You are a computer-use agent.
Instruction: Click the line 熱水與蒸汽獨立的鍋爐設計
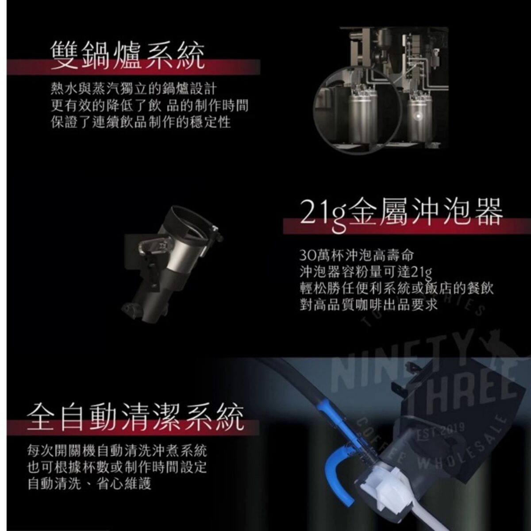134,89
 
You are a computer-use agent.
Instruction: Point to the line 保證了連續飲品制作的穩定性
141,122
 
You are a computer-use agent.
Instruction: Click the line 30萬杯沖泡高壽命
357,256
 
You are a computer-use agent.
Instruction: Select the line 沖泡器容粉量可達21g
366,272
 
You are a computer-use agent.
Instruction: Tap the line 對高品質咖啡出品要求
369,305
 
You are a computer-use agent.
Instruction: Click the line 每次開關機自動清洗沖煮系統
117,451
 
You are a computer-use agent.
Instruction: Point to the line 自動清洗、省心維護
89,484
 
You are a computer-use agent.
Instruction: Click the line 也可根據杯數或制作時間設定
117,467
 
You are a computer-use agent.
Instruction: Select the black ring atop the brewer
190,220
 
